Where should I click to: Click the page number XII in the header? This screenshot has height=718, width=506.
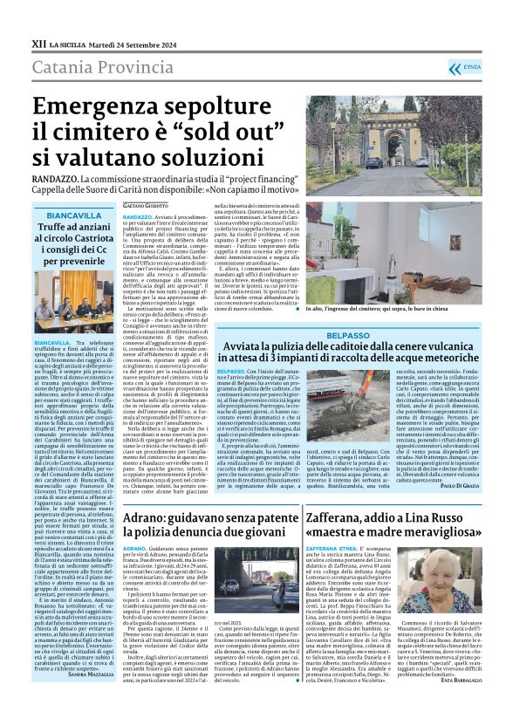coord(38,43)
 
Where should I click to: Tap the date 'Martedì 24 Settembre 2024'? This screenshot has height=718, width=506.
coord(133,43)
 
